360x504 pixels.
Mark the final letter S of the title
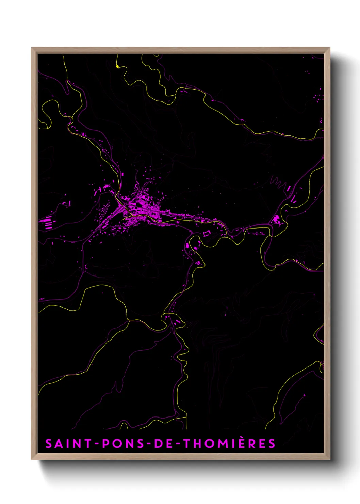[x=271, y=444]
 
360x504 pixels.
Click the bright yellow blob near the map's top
[x=117, y=66]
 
